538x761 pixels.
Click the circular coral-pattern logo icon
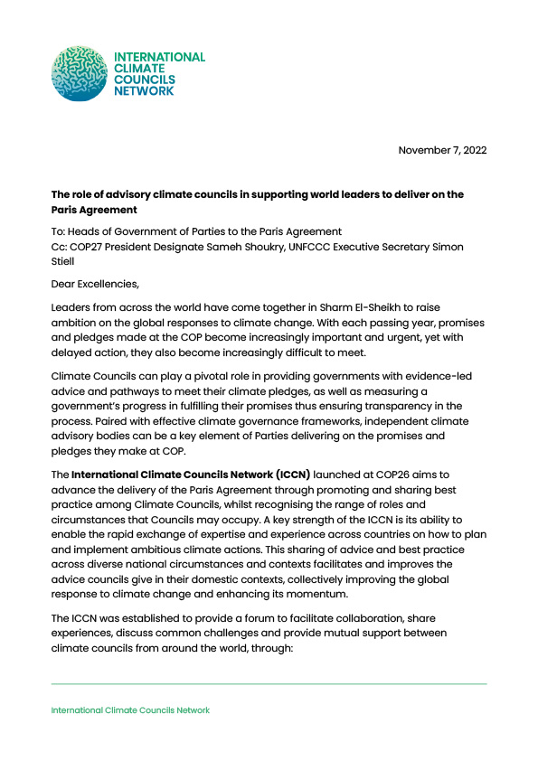pos(79,74)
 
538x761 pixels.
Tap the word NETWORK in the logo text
pos(143,91)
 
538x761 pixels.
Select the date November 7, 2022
pos(442,150)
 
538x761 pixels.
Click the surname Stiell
pos(65,262)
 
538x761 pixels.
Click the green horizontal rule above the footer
pos(269,684)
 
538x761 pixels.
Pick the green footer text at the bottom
pos(130,710)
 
